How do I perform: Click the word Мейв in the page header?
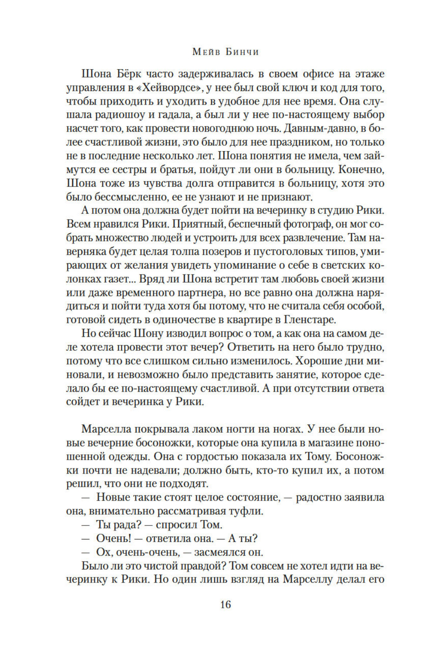pos(203,52)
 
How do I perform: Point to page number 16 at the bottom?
pos(225,604)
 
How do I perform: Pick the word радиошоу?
pos(115,115)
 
